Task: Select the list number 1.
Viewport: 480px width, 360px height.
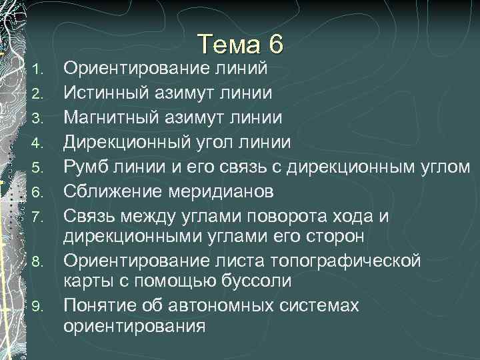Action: [39, 69]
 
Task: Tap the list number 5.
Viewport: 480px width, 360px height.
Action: [39, 167]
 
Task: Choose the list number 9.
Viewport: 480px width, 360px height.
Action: [39, 307]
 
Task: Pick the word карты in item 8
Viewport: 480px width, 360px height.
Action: [85, 281]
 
